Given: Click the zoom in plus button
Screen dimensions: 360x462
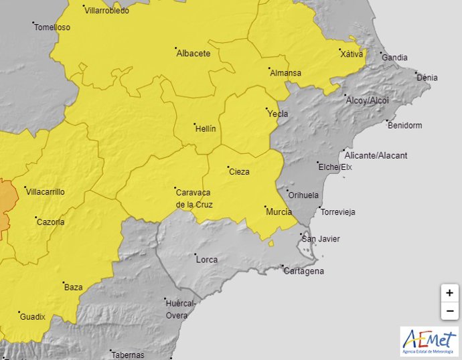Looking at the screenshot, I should coord(449,293).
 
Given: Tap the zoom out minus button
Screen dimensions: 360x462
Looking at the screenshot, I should coord(449,311).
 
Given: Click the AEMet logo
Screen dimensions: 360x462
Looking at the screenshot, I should coord(429,342).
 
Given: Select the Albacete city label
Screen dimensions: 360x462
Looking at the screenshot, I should coord(193,54).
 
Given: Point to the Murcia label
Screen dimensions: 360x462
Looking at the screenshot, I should coord(279,212).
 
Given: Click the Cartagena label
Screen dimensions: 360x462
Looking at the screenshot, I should coord(303,271).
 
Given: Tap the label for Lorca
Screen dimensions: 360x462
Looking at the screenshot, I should coord(206,259).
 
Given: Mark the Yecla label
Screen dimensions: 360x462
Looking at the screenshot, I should coord(278,114).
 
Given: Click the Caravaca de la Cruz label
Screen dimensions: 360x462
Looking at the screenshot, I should coord(194,198).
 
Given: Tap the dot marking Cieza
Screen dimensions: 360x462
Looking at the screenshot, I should coord(228,167).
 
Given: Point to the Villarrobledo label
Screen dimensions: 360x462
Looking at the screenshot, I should coord(107,11).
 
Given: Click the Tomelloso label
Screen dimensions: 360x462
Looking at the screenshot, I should coord(52,27).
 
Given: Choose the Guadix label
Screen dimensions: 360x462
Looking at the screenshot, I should coord(32,317).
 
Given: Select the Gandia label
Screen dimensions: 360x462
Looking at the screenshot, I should coord(394,58).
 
